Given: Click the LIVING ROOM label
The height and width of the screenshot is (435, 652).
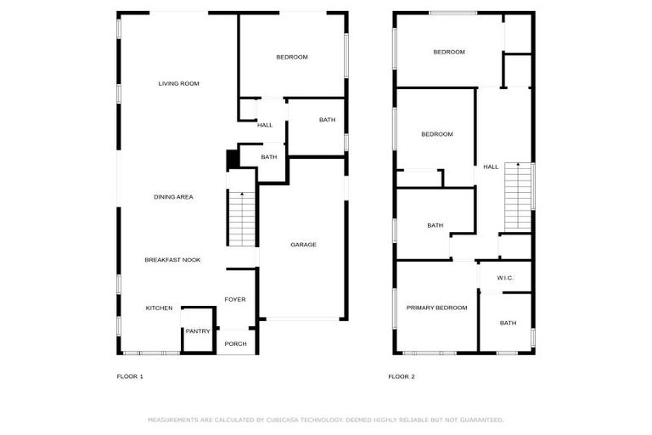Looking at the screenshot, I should (x=178, y=83).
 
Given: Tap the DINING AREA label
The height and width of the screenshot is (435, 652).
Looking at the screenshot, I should (x=173, y=197).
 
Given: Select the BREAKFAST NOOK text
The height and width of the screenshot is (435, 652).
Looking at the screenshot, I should (x=172, y=259).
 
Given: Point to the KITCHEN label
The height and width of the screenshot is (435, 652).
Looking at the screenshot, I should (x=159, y=308).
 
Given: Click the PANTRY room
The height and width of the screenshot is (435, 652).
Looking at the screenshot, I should (x=198, y=330).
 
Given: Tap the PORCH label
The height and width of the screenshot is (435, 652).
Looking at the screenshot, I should (x=235, y=343).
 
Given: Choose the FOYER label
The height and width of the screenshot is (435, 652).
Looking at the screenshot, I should (x=235, y=299).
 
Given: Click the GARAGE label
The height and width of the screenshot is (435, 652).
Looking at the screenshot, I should (x=303, y=245).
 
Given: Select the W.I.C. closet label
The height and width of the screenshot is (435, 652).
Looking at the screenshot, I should (x=505, y=278).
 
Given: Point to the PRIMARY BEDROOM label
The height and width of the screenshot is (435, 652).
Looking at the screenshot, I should (x=436, y=308).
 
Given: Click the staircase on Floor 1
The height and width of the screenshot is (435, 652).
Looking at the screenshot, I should (x=242, y=216).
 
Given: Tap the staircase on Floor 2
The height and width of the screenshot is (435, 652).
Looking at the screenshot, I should (x=518, y=196).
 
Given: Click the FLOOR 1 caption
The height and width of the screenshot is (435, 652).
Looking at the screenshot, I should (x=130, y=376).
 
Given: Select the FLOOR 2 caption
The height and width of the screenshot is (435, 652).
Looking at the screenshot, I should (x=402, y=376).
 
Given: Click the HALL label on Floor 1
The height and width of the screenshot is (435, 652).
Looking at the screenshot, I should (x=265, y=125).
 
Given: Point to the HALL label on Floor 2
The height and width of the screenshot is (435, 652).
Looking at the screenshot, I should (x=491, y=167).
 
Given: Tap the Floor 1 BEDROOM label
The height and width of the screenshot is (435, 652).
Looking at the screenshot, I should (x=291, y=57).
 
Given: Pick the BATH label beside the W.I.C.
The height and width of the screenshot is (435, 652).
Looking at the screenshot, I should (x=508, y=323).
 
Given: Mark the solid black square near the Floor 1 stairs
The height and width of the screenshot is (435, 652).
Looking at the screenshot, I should (x=231, y=160).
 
